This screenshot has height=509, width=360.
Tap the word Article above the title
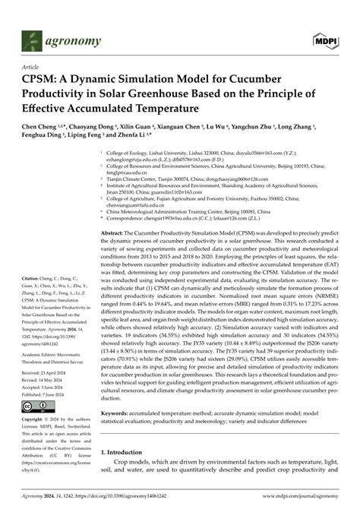[34, 67]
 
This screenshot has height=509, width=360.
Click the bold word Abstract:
[115, 211]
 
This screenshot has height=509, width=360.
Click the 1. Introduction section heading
[127, 453]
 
